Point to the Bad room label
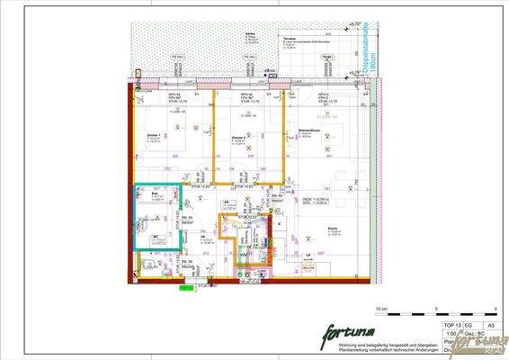click(154, 193)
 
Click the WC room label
click(155, 237)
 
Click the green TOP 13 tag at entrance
click(184, 289)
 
